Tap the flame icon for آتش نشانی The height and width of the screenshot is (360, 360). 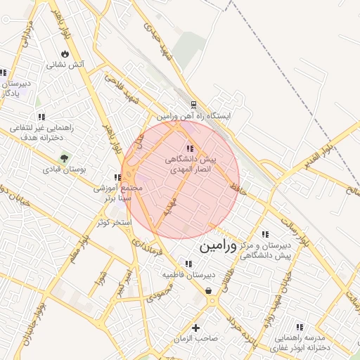click(x=65, y=53)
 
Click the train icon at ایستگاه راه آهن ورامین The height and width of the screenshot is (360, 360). click(x=194, y=105)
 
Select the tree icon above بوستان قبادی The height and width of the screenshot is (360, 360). click(x=65, y=158)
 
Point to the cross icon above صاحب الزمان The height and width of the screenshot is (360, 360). click(x=196, y=328)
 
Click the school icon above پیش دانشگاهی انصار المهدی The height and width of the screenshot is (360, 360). click(x=190, y=148)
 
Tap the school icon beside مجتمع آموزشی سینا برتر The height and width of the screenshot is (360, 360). click(x=117, y=178)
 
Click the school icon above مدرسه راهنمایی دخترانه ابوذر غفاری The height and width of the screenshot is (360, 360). click(x=300, y=327)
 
